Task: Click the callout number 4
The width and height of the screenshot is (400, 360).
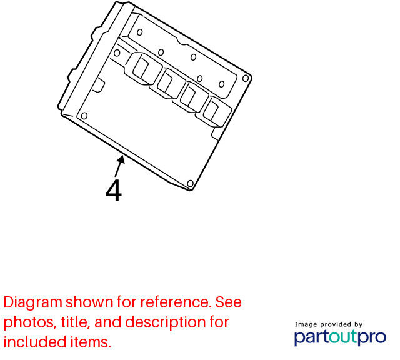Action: point(114,191)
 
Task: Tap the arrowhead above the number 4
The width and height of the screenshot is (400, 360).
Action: point(121,160)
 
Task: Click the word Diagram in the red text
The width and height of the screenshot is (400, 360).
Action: point(33,303)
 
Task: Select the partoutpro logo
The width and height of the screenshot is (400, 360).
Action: point(340,337)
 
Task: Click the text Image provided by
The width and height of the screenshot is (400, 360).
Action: point(329,324)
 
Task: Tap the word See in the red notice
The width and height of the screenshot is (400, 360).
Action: point(229,302)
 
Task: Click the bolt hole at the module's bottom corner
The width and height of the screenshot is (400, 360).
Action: point(190,184)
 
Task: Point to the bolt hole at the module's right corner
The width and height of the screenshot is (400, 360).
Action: point(246,78)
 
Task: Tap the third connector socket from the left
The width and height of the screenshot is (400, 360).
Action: point(194,97)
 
